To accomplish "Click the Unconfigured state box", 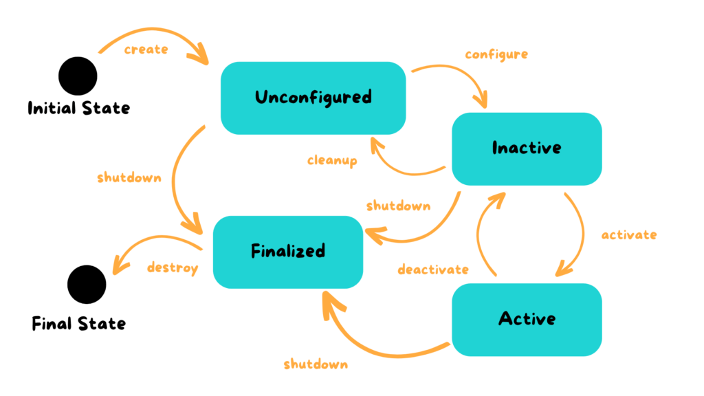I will pyautogui.click(x=313, y=98).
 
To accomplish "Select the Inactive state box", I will pyautogui.click(x=527, y=148).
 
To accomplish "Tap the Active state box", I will pyautogui.click(x=527, y=319).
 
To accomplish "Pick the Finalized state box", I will pyautogui.click(x=287, y=251).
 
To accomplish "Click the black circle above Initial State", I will pyautogui.click(x=78, y=76).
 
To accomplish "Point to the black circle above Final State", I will pyautogui.click(x=87, y=285).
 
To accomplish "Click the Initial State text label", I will pyautogui.click(x=78, y=108).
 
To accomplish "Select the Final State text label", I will pyautogui.click(x=79, y=323).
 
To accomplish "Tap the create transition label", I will pyautogui.click(x=146, y=49).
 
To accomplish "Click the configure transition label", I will pyautogui.click(x=496, y=54).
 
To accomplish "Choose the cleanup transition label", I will pyautogui.click(x=332, y=161).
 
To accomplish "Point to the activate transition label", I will pyautogui.click(x=628, y=235).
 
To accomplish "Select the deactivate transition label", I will pyautogui.click(x=433, y=269).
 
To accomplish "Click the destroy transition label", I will pyautogui.click(x=172, y=267).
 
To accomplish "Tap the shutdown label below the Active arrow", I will pyautogui.click(x=316, y=364).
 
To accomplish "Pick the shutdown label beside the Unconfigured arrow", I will pyautogui.click(x=129, y=177).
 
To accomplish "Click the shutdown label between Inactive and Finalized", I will pyautogui.click(x=398, y=206).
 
